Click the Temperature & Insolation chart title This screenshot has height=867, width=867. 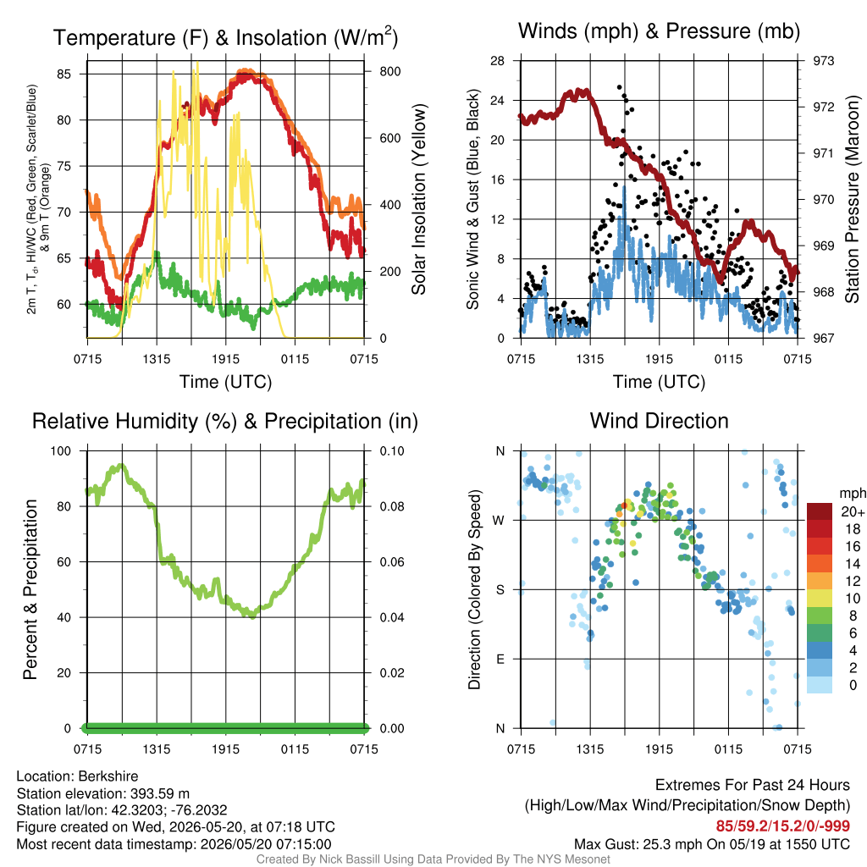[225, 37]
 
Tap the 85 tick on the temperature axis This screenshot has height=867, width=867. [64, 75]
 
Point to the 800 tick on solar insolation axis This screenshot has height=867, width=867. [389, 71]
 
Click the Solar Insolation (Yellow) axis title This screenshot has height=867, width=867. [419, 199]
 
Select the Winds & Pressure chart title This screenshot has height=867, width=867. [659, 31]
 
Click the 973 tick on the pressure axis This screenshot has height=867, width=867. [823, 60]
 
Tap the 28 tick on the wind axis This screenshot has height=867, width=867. [497, 60]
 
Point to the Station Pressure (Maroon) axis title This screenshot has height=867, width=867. [852, 199]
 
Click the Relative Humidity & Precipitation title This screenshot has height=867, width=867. [225, 422]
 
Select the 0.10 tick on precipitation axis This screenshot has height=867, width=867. [392, 451]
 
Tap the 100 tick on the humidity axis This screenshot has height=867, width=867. [61, 451]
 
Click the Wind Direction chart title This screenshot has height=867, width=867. [659, 421]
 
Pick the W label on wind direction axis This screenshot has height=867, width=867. [500, 521]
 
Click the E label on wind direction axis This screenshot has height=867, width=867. [500, 659]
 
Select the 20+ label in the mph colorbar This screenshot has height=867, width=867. [853, 512]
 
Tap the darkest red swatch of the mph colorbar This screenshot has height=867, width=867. [820, 511]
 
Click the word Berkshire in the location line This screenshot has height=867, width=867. [108, 776]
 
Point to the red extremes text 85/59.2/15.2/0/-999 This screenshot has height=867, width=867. [783, 826]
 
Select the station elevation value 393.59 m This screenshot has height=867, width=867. [160, 793]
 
